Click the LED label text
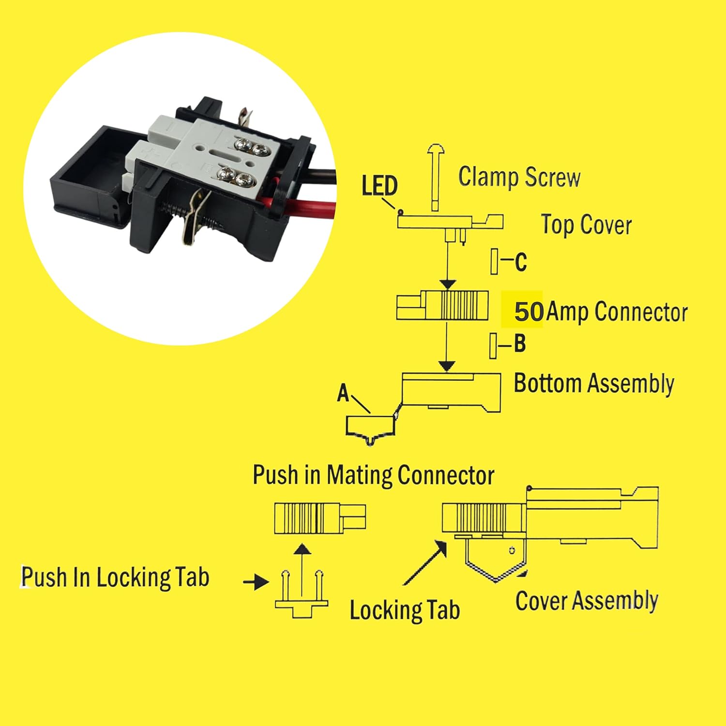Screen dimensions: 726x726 point(379,186)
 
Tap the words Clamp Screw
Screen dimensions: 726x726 point(519,177)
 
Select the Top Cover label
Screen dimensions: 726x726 point(586,225)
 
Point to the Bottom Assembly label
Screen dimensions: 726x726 point(593,383)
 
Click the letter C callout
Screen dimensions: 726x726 point(520,262)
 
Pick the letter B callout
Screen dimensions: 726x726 point(519,344)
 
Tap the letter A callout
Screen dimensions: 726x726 point(343,393)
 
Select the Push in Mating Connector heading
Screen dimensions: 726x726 point(373,475)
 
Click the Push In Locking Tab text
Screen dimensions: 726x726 point(115,577)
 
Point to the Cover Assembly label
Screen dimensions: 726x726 point(586,601)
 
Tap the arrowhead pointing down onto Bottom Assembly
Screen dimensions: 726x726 point(448,365)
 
